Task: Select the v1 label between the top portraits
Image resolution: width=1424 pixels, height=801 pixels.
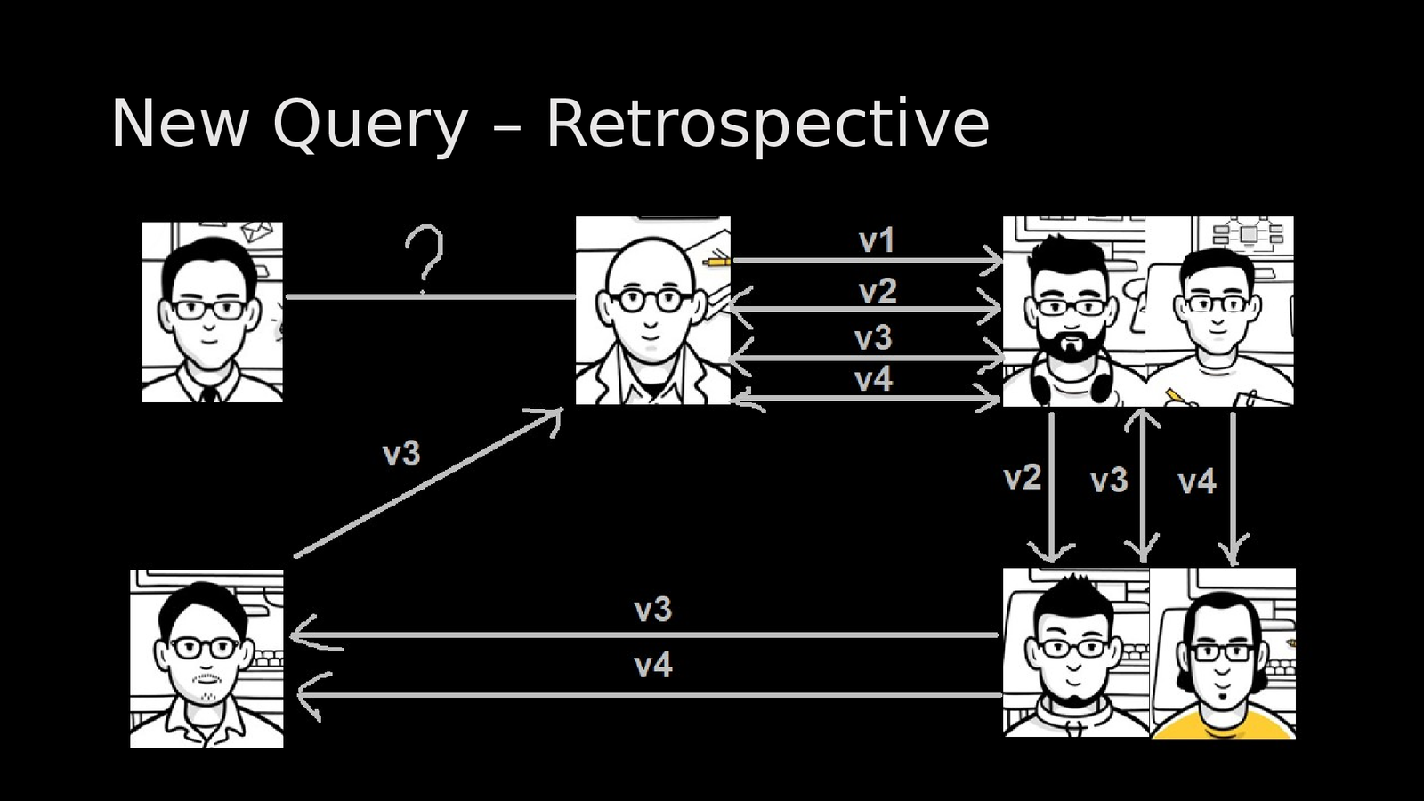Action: click(x=877, y=240)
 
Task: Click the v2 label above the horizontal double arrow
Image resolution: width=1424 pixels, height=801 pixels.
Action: click(x=878, y=291)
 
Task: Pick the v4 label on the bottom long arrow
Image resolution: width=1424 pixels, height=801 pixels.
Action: click(x=653, y=666)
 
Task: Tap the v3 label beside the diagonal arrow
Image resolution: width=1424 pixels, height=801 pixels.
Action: click(x=401, y=455)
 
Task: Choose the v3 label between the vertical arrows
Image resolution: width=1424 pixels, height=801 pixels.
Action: click(x=1109, y=481)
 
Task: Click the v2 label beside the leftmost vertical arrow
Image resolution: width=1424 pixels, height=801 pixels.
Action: click(x=1023, y=478)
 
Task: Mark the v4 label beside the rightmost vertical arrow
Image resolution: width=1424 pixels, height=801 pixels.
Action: click(x=1197, y=482)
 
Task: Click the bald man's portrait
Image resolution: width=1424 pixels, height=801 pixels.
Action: click(x=652, y=311)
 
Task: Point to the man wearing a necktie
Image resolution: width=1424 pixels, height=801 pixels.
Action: click(x=212, y=312)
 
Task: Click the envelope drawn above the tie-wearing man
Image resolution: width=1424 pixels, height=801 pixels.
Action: click(x=257, y=231)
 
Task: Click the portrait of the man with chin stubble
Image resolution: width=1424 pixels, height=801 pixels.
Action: click(x=206, y=659)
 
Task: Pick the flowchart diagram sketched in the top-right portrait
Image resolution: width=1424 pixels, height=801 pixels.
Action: click(x=1249, y=234)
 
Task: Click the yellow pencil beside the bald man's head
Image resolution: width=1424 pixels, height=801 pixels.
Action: click(x=716, y=262)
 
